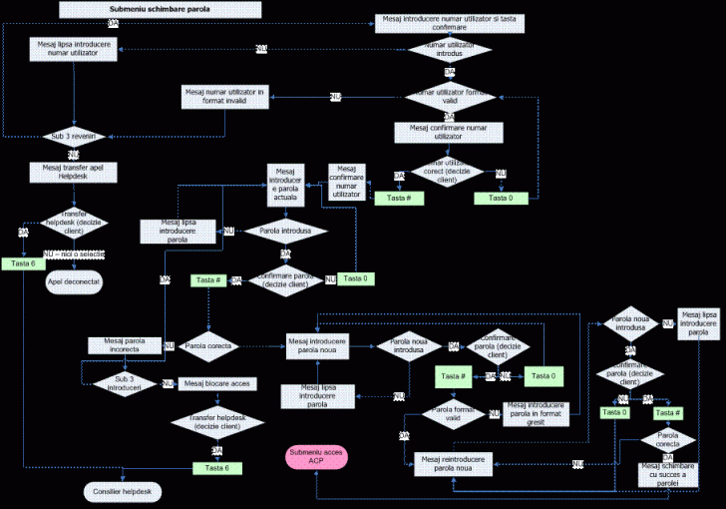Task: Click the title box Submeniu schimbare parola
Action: point(161,10)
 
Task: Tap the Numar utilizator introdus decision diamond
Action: point(450,49)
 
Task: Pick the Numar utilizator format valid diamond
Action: point(450,97)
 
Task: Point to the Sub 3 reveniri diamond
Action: point(72,135)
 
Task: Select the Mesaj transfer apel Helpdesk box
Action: point(74,173)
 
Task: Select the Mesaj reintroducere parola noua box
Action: point(458,464)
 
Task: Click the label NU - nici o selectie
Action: point(75,256)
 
